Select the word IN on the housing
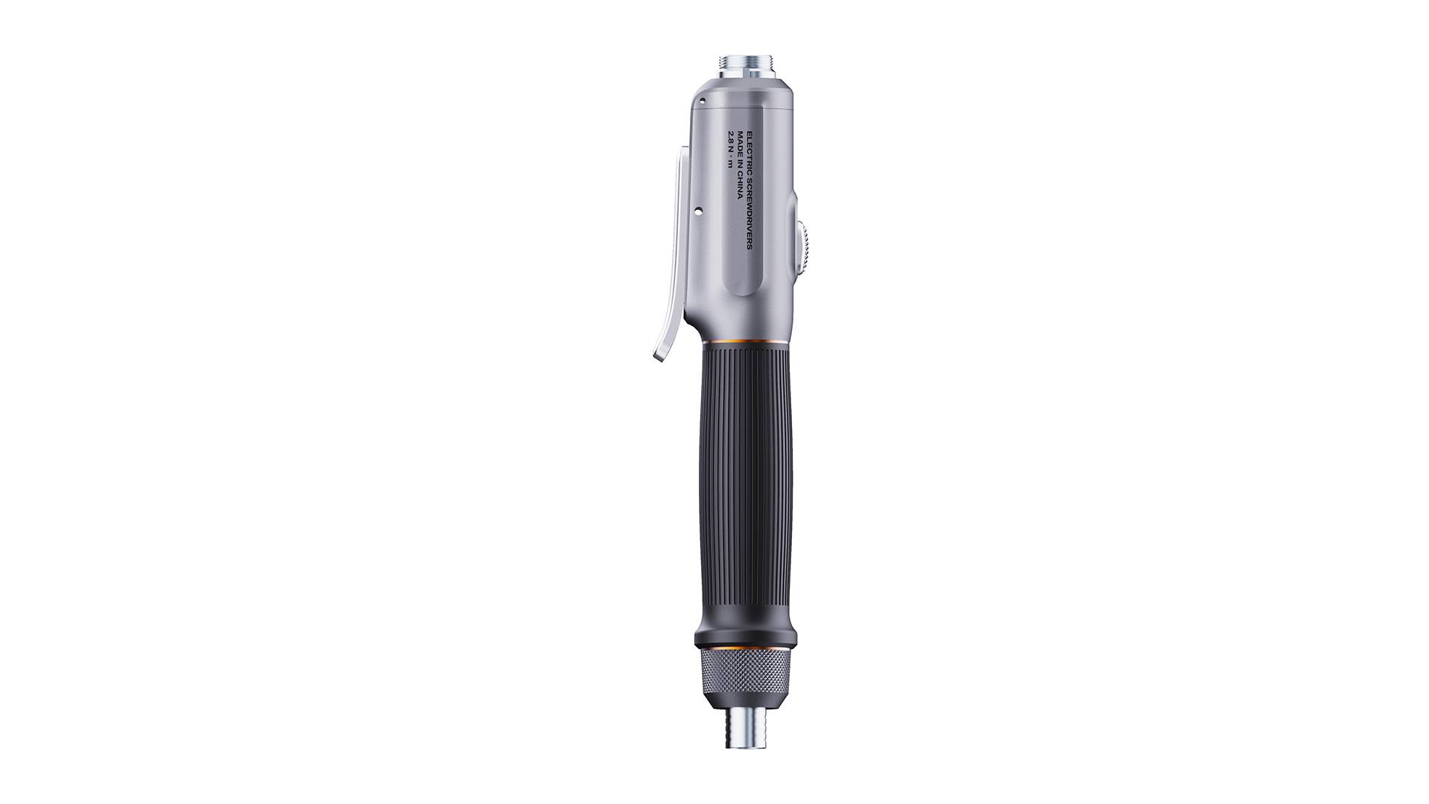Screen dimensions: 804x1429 pyautogui.click(x=740, y=164)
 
